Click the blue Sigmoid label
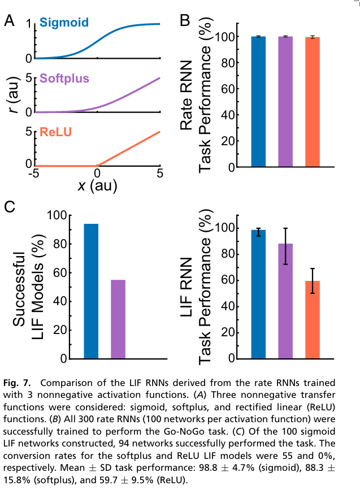click(x=63, y=23)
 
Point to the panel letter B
click(x=185, y=21)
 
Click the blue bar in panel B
click(x=258, y=102)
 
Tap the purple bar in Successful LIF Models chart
click(x=118, y=319)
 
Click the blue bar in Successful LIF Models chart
click(x=91, y=291)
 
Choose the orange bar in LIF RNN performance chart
click(x=313, y=320)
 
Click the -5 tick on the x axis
click(x=34, y=172)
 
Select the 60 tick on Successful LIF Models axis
click(x=58, y=272)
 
